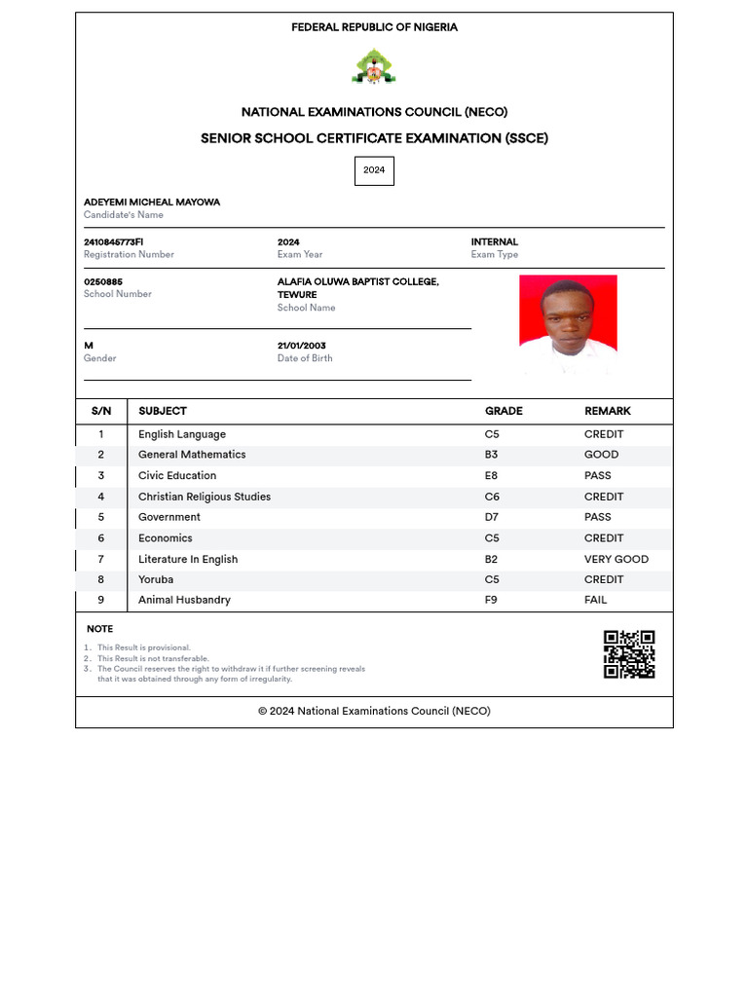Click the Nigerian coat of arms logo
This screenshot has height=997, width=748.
(374, 67)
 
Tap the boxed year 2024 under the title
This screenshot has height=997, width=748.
(374, 170)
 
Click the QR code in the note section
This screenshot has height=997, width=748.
(629, 654)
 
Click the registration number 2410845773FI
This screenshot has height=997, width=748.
(114, 242)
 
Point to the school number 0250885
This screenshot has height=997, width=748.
(103, 282)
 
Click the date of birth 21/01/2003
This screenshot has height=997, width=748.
(302, 346)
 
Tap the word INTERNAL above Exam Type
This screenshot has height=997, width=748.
(495, 242)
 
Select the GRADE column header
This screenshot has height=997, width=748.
(504, 411)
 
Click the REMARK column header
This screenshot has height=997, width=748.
(608, 411)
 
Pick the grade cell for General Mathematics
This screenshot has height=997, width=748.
(492, 455)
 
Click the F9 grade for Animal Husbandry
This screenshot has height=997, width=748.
(491, 600)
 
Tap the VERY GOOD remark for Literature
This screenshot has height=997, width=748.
(616, 559)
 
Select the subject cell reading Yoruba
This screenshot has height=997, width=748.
(156, 579)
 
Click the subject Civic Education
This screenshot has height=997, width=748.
(177, 475)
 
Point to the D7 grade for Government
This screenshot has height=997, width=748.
(492, 517)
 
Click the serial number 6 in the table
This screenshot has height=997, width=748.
(101, 538)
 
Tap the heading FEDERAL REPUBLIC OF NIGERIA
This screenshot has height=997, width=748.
(374, 27)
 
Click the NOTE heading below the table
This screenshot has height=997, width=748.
(99, 629)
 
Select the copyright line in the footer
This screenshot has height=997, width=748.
(374, 711)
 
